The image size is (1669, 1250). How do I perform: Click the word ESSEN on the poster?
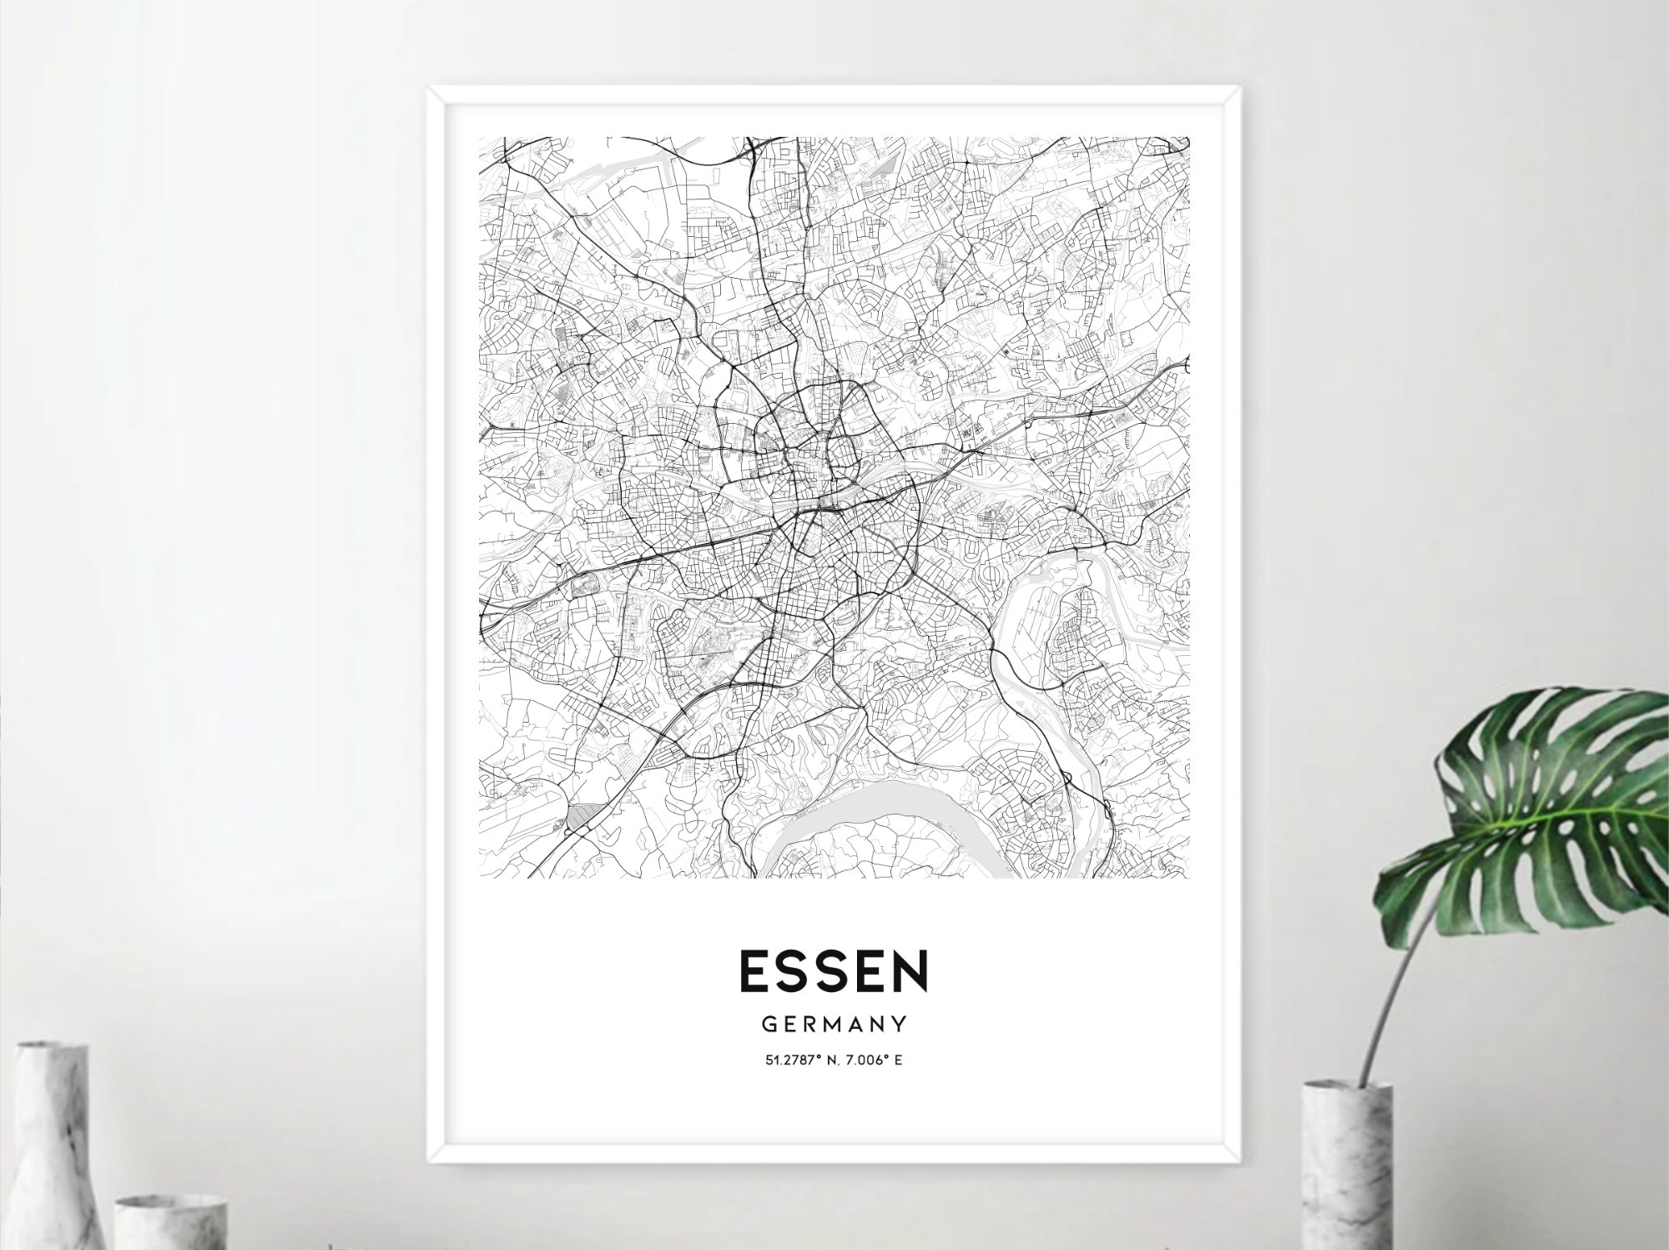coord(834,971)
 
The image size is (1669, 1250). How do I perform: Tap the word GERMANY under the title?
coord(834,1023)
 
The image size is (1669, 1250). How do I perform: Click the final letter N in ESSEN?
coord(910,971)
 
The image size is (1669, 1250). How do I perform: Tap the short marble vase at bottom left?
coord(171,1222)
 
